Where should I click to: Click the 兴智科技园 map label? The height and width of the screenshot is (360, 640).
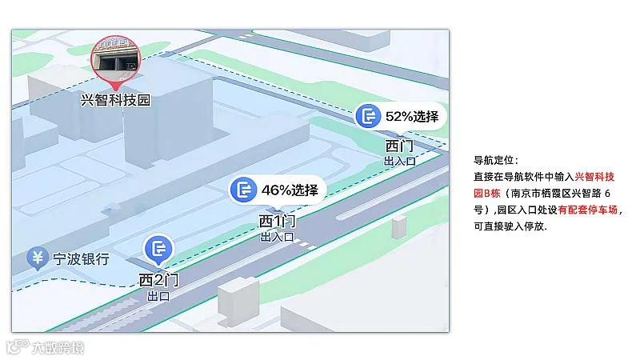pos(116,100)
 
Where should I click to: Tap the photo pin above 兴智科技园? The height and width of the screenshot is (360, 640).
pos(118,58)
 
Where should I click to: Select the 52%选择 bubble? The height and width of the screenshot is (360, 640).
pos(400,117)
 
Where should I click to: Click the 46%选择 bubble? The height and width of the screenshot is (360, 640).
pos(278,190)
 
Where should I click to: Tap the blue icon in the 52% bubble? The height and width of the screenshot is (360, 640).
pos(369,117)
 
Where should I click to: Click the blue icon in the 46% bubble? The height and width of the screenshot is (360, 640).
pos(243,190)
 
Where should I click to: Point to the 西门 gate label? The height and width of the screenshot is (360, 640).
pos(399,146)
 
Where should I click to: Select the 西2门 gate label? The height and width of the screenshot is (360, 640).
pos(158,280)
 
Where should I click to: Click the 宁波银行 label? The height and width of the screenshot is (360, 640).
pos(81,259)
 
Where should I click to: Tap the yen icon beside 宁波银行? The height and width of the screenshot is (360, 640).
pos(37,258)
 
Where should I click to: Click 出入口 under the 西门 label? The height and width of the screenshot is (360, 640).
pos(400,161)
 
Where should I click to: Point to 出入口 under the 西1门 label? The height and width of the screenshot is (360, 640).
pos(278,237)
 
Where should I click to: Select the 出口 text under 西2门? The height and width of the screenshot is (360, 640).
pos(158,295)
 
